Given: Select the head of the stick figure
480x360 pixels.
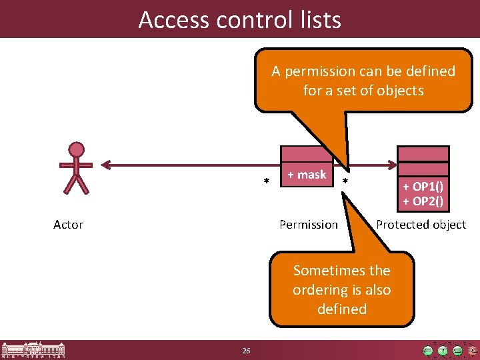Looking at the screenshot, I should tap(77, 149).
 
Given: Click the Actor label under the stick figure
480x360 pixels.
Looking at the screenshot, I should tap(68, 225).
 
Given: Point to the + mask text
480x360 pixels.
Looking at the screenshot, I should tap(307, 175).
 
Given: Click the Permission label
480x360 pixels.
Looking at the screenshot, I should tap(309, 225).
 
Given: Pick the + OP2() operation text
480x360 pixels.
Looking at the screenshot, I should tap(423, 201).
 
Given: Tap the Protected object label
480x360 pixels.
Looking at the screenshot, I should tap(421, 225).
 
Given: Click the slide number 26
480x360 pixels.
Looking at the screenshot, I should tap(246, 351).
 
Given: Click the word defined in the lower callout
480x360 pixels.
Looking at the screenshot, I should tap(342, 309).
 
